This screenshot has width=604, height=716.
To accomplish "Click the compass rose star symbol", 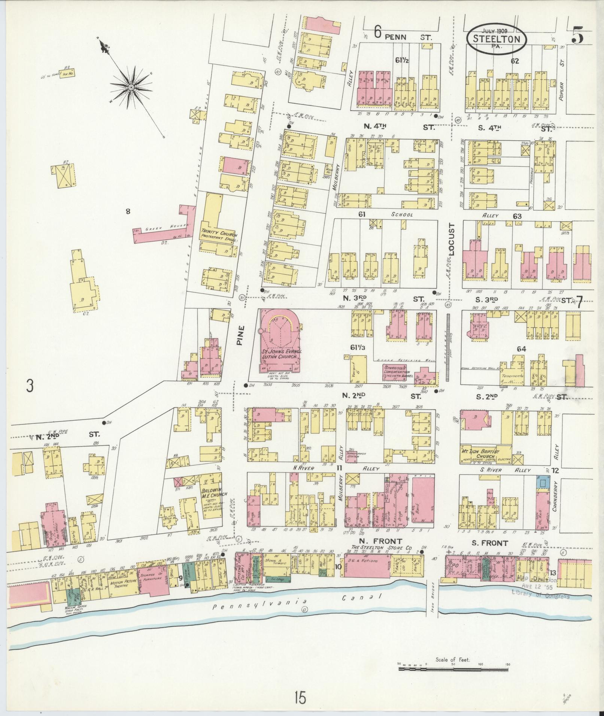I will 131,87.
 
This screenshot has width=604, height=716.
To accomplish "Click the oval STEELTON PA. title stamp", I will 496,39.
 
